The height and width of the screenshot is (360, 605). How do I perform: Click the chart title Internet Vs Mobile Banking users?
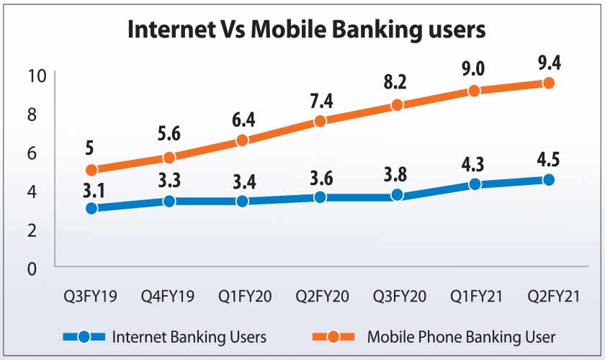(x=307, y=30)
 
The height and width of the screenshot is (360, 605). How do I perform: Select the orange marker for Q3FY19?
(x=91, y=170)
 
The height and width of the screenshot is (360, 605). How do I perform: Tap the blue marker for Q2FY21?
(x=549, y=180)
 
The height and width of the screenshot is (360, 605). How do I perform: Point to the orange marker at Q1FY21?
(x=474, y=91)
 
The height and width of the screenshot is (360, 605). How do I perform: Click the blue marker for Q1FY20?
(x=243, y=201)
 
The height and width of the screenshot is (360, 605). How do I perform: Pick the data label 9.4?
(x=549, y=63)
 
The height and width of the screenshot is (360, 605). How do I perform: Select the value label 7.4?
(x=319, y=102)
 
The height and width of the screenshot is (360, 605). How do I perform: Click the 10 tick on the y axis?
(x=37, y=75)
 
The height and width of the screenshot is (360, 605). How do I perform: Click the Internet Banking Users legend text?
(x=189, y=336)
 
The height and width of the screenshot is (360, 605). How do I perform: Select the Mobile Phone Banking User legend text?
(x=461, y=336)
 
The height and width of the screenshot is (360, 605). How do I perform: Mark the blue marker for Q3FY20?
(x=397, y=195)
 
